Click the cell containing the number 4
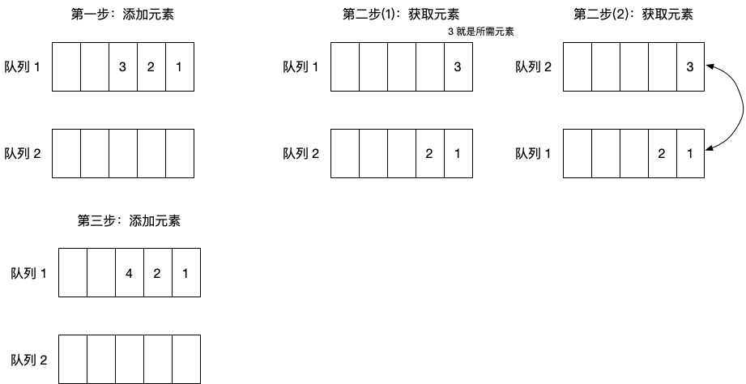tap(129, 273)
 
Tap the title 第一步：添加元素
tap(122, 14)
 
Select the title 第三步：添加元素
tap(129, 220)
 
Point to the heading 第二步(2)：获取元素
tap(633, 14)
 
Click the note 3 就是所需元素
tap(481, 32)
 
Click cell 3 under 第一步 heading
tap(122, 66)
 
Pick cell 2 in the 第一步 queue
tap(151, 66)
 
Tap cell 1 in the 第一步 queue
tap(179, 66)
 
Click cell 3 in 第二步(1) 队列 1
tap(458, 66)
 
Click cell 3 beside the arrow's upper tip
tap(690, 66)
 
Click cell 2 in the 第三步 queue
tap(157, 273)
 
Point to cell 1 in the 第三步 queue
tap(185, 273)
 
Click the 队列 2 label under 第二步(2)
tap(534, 66)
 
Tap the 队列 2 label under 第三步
tap(29, 359)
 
